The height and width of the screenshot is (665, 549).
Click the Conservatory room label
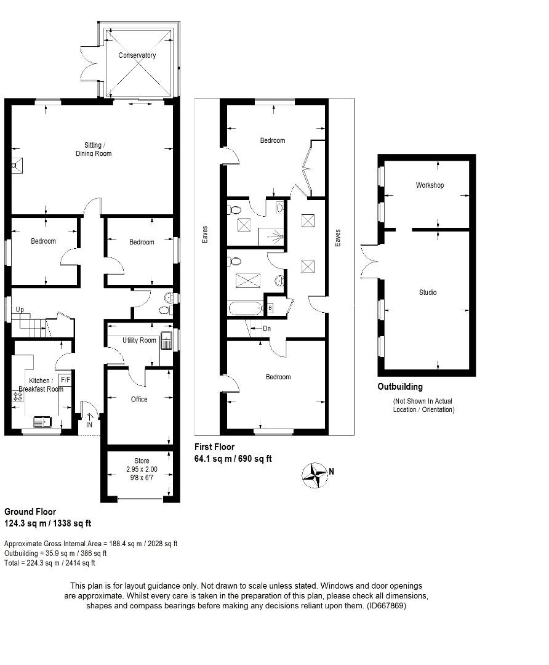pyautogui.click(x=137, y=55)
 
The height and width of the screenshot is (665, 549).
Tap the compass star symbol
pyautogui.click(x=315, y=475)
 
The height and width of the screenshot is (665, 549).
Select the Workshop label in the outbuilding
pyautogui.click(x=430, y=185)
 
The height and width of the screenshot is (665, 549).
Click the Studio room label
pyautogui.click(x=428, y=292)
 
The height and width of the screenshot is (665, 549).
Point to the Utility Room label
pyautogui.click(x=139, y=341)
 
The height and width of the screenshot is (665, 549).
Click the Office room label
pyautogui.click(x=139, y=400)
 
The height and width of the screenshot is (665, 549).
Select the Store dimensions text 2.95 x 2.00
pyautogui.click(x=142, y=469)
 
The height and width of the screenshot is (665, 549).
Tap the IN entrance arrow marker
pyautogui.click(x=89, y=421)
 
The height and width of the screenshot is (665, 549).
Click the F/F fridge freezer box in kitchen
pyautogui.click(x=65, y=379)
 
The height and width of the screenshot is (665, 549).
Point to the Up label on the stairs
pyautogui.click(x=20, y=309)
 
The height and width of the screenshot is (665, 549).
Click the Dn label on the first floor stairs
pyautogui.click(x=266, y=329)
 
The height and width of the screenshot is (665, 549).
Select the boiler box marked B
pyautogui.click(x=270, y=307)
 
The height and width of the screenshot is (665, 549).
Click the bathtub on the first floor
pyautogui.click(x=246, y=308)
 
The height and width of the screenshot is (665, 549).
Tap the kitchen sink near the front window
pyautogui.click(x=42, y=422)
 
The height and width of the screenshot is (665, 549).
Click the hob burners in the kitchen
pyautogui.click(x=18, y=397)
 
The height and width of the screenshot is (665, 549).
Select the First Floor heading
pyautogui.click(x=215, y=448)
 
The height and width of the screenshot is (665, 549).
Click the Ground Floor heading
pyautogui.click(x=30, y=512)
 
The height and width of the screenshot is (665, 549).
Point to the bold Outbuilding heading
pyautogui.click(x=400, y=387)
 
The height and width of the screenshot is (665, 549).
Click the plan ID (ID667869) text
pyautogui.click(x=386, y=606)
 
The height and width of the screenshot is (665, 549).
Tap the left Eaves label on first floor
pyautogui.click(x=204, y=235)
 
